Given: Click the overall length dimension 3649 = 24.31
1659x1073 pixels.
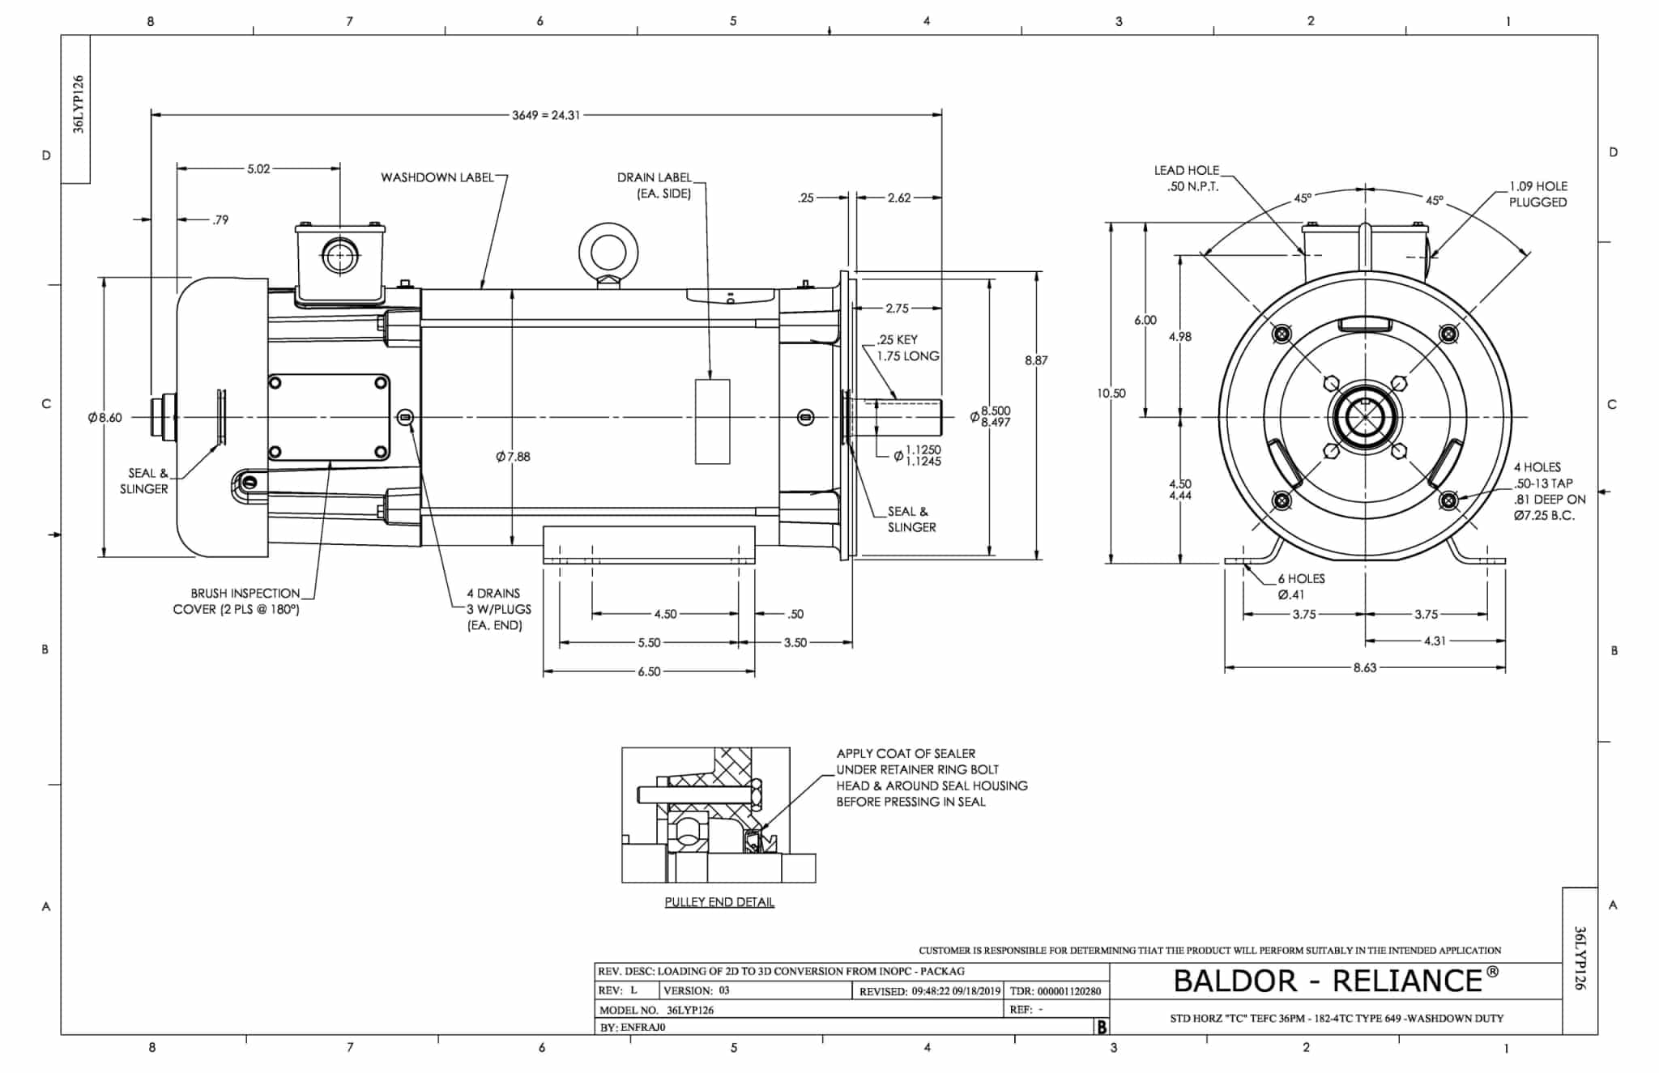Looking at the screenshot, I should (545, 115).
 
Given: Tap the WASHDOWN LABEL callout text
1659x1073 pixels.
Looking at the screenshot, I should (437, 177).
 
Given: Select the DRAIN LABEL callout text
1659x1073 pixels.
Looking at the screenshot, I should (655, 185).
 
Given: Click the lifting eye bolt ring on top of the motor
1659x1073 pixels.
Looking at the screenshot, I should (608, 252).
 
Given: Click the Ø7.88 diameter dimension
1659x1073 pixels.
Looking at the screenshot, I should (513, 457).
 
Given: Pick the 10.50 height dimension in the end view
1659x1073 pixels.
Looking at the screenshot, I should (1111, 393).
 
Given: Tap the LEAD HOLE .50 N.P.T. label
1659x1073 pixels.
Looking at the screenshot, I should (1186, 178).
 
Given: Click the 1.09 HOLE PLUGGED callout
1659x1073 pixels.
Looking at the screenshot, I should (1537, 194).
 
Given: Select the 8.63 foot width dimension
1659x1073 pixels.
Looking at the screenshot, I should (1365, 668).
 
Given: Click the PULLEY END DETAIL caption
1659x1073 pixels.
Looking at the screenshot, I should (719, 902).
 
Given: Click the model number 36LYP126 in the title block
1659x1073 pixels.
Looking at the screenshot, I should (689, 1010).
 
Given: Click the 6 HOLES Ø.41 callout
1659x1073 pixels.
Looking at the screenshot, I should (1300, 586).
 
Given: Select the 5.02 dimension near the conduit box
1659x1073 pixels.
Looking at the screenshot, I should (258, 168).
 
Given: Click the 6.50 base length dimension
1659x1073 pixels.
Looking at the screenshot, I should (649, 671).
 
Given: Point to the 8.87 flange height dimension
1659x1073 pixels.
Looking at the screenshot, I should (1036, 360).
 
